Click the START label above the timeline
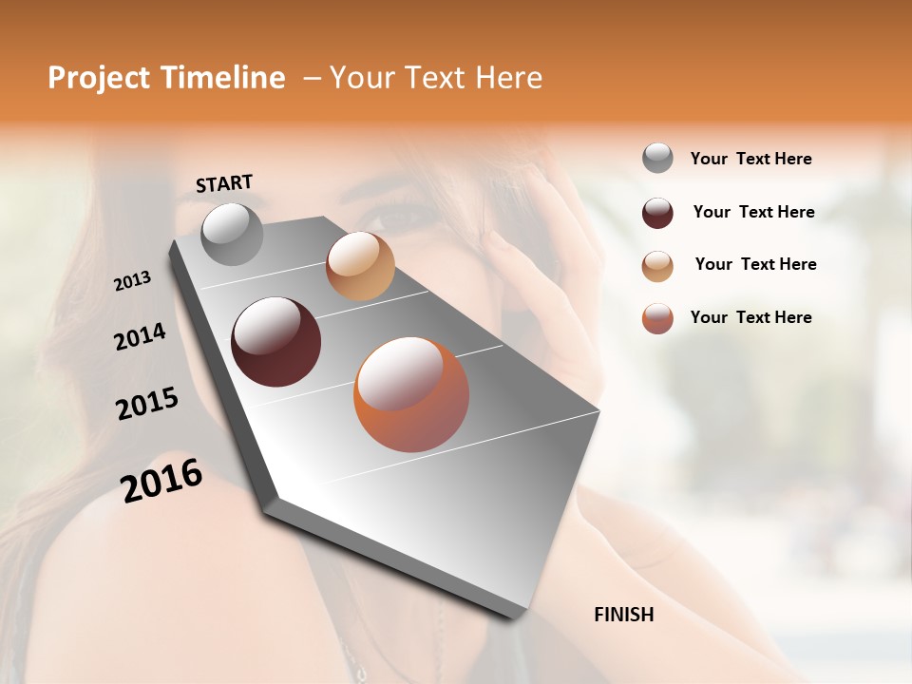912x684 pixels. click(x=224, y=183)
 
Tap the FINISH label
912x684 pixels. click(x=623, y=615)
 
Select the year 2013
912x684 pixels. click(x=132, y=281)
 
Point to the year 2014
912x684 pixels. click(x=140, y=337)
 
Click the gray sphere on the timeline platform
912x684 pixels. click(x=232, y=234)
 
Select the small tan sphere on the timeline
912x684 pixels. click(x=360, y=266)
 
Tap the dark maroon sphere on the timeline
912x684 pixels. click(x=275, y=342)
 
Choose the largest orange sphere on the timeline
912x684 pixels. click(x=410, y=394)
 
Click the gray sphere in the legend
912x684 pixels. click(x=657, y=159)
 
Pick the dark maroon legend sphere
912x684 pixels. click(x=657, y=212)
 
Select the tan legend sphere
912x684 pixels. click(x=657, y=265)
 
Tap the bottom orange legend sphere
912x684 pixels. click(x=657, y=318)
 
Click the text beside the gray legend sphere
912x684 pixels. click(x=750, y=159)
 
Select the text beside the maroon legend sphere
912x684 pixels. click(x=753, y=212)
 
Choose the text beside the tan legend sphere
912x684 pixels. click(x=755, y=264)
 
